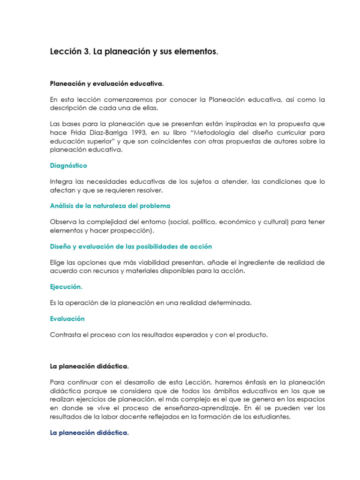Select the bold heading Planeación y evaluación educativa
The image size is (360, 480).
(x=107, y=83)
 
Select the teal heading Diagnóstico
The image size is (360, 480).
(x=68, y=165)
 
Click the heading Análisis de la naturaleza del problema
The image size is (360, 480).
(x=110, y=206)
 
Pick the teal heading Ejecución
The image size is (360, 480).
(x=67, y=286)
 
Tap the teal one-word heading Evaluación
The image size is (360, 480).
(x=67, y=319)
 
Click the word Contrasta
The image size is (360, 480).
(x=66, y=335)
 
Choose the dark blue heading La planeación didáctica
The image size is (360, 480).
(x=89, y=433)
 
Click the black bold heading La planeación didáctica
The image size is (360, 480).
(x=89, y=366)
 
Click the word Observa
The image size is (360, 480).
(x=64, y=222)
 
